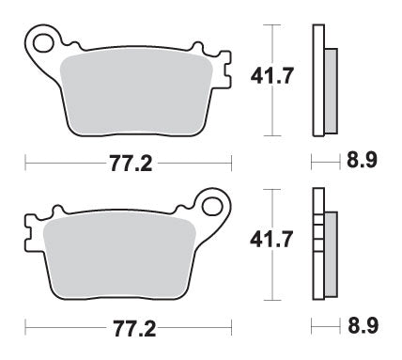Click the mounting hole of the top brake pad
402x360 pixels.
pyautogui.click(x=42, y=41)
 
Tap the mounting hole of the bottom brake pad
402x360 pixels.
pyautogui.click(x=211, y=207)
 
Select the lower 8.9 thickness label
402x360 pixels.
pyautogui.click(x=359, y=330)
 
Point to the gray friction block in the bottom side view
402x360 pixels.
pyautogui.click(x=330, y=255)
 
